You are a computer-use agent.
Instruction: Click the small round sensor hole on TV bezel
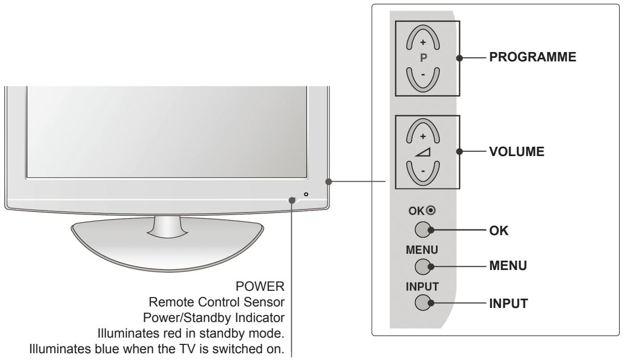click(x=306, y=194)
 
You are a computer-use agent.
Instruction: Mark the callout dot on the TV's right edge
click(x=328, y=182)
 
